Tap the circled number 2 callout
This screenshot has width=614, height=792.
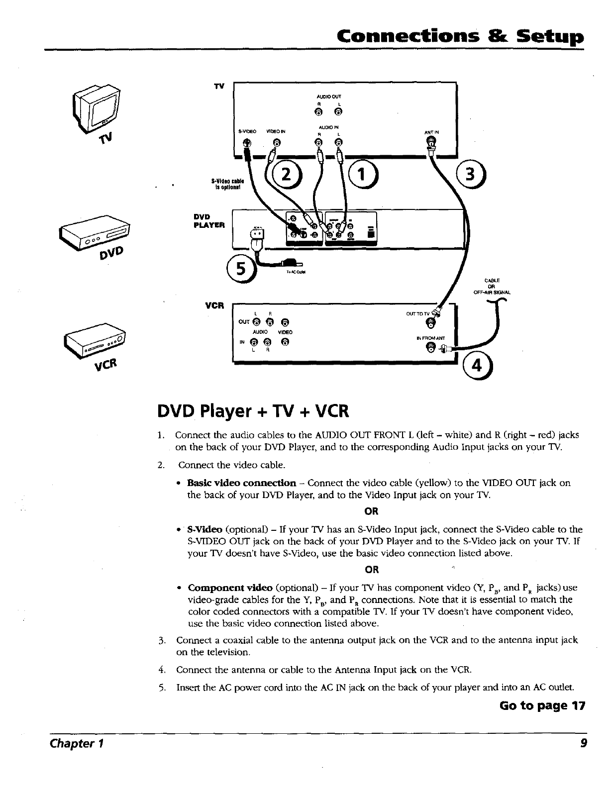[x=286, y=176]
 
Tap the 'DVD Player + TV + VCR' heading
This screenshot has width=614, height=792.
[x=253, y=411]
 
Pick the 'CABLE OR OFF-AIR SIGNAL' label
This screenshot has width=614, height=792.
[x=490, y=286]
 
